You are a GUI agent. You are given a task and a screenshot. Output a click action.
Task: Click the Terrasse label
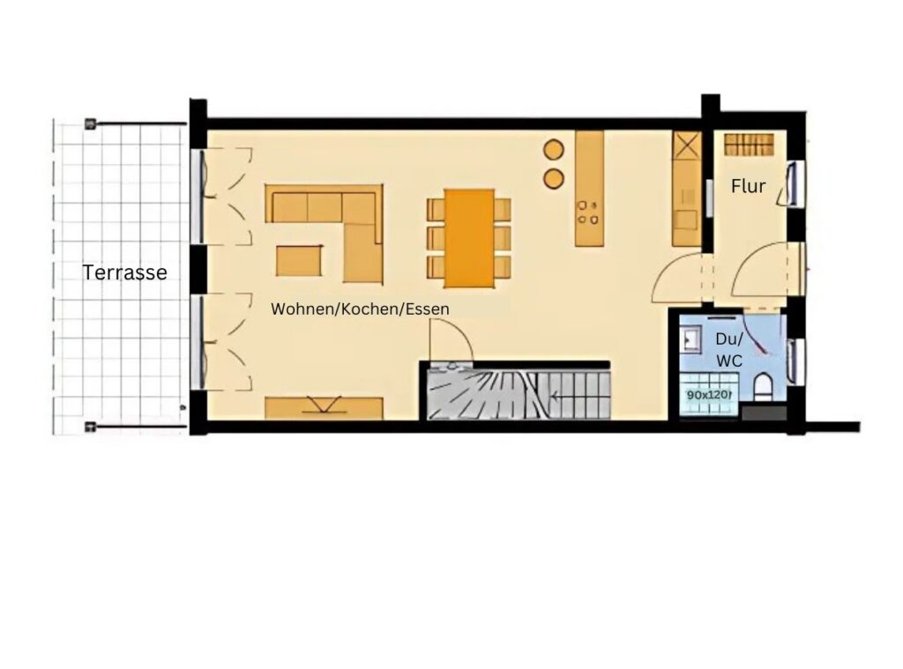125,272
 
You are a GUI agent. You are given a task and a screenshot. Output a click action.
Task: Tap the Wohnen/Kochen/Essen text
360,309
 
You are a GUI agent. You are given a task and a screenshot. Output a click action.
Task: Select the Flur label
748,186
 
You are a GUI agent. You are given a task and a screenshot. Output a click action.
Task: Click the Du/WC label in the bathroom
729,350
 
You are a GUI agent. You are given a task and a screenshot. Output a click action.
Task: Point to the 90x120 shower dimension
709,395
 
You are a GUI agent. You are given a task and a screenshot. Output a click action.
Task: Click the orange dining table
469,238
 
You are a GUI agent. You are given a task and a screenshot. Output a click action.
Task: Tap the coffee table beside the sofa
299,260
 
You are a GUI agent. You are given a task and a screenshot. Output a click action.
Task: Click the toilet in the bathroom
762,387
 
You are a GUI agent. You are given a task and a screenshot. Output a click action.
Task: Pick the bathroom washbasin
690,338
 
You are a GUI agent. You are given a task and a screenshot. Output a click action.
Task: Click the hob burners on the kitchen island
588,212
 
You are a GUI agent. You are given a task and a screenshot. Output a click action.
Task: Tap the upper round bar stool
554,149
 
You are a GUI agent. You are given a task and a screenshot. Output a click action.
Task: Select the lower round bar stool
554,178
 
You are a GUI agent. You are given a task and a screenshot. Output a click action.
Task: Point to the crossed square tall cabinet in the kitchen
687,145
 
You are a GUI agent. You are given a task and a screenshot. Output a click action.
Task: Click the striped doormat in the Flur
748,144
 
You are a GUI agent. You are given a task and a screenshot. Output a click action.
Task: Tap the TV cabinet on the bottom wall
324,407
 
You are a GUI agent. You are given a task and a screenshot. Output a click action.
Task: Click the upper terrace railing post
89,123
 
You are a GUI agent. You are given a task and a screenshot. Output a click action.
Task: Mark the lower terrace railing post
89,427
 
